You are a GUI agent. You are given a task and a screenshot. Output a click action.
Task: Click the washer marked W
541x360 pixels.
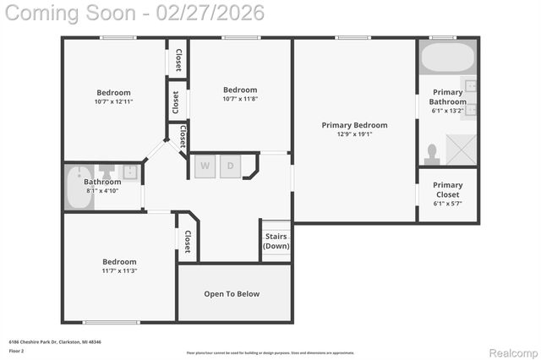click(x=205, y=166)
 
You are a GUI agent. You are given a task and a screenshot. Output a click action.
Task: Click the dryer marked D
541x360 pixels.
click(x=230, y=166)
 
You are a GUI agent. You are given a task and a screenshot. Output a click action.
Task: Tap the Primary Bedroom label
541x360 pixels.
click(x=354, y=125)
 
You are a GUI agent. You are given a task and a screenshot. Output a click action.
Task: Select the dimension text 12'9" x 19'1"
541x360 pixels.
click(x=354, y=134)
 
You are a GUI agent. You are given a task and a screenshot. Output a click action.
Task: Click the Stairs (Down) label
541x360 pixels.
click(x=276, y=241)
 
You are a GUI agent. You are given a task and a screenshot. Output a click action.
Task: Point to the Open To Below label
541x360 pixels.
click(x=232, y=294)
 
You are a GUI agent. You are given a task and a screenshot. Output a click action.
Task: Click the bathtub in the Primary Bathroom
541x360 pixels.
click(x=446, y=59)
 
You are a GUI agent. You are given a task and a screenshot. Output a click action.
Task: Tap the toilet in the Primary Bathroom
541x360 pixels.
click(x=432, y=153)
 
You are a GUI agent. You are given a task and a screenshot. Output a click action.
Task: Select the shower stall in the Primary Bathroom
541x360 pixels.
click(x=461, y=149)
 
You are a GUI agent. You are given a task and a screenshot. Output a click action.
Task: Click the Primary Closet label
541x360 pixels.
click(x=447, y=189)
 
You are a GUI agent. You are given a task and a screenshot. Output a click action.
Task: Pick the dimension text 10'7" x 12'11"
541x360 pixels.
click(x=114, y=101)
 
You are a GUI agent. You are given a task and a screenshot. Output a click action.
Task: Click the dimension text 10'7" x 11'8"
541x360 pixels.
click(x=240, y=98)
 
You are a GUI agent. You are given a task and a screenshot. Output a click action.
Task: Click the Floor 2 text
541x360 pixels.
click(x=17, y=350)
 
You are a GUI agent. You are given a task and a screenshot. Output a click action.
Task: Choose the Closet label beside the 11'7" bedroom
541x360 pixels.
click(x=188, y=242)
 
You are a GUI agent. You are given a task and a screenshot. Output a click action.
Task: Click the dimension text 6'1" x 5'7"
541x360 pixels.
click(x=447, y=203)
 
